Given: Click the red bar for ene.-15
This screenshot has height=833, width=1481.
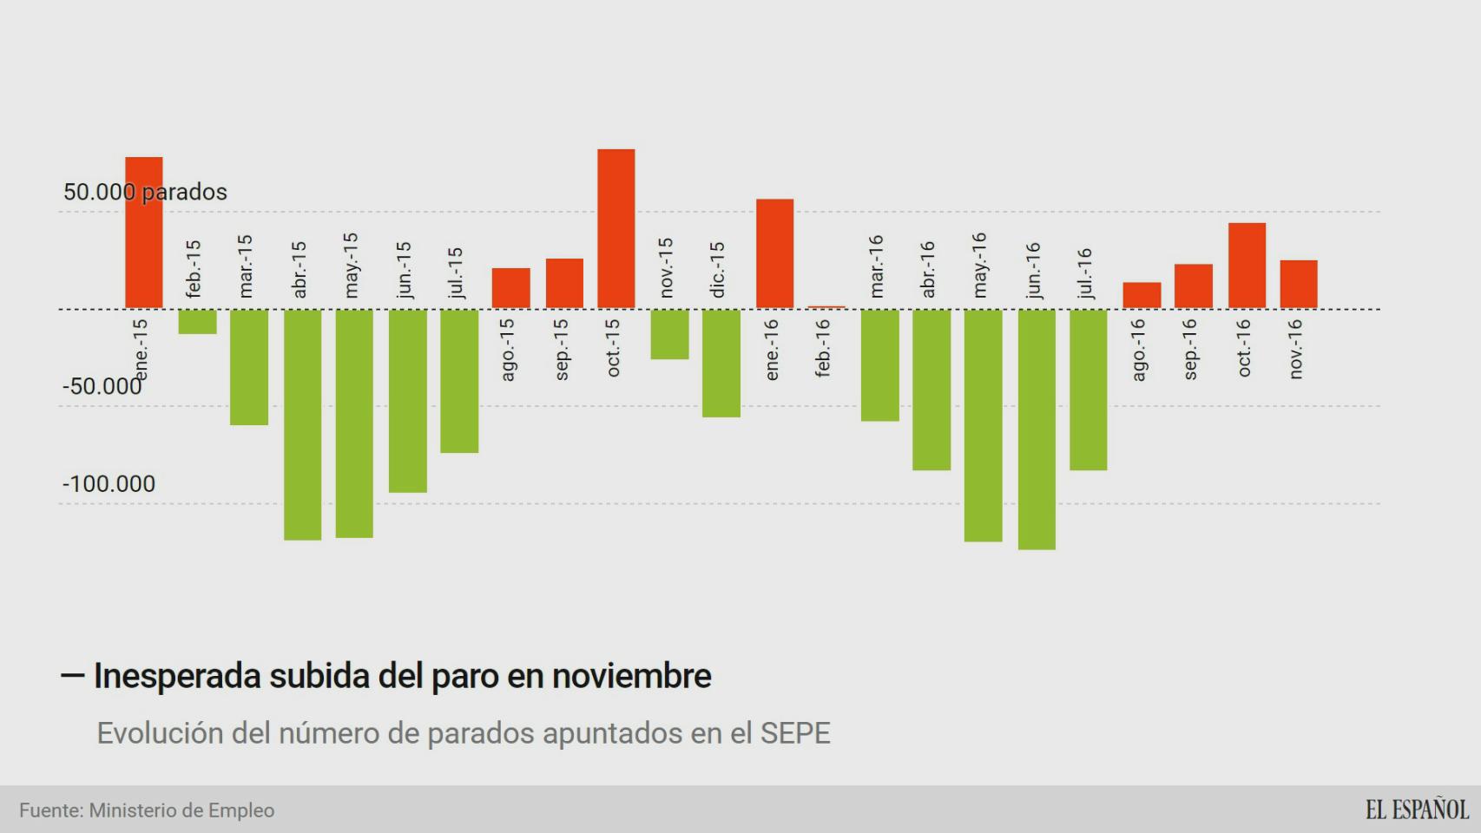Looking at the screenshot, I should click(144, 232).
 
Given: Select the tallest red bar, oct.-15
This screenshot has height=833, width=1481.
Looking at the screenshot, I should click(615, 228).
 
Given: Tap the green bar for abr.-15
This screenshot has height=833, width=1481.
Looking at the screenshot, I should click(302, 424).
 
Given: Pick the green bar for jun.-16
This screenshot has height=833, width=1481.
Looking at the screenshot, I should click(1037, 429).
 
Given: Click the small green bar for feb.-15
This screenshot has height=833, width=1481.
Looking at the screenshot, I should click(197, 321).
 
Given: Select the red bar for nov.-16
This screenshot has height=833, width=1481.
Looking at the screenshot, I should click(1298, 284).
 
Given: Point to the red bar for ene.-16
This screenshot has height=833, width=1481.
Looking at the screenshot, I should click(774, 253).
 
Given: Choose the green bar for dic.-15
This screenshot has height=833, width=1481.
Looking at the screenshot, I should click(721, 363).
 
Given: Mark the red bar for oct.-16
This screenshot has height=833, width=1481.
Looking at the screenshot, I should click(1246, 266).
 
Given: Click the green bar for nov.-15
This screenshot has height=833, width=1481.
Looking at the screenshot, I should click(669, 334).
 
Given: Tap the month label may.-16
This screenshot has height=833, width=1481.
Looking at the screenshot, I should click(980, 265).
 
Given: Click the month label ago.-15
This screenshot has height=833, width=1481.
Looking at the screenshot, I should click(509, 349).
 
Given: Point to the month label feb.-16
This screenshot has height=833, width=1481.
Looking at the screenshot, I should click(823, 347).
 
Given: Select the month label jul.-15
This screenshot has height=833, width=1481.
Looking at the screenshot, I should click(456, 272).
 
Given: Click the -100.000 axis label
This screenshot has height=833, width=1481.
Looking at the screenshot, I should click(109, 484).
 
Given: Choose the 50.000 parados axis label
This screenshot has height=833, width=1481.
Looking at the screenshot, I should click(145, 192).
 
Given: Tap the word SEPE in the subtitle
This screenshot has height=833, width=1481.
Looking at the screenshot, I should click(795, 733).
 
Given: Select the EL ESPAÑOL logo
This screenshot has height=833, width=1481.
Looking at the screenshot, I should click(1417, 810).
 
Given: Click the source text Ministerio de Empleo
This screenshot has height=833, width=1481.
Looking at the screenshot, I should click(181, 810).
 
